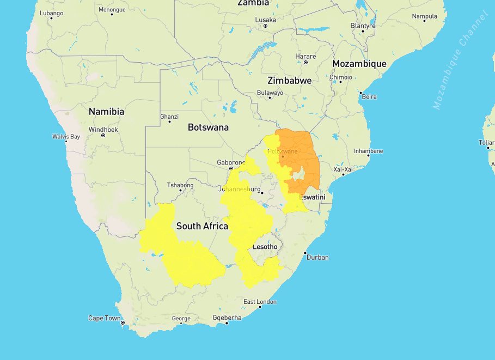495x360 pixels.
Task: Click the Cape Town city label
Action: (x=105, y=318)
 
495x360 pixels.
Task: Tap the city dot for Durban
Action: (x=307, y=253)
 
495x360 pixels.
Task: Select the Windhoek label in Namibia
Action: (x=103, y=130)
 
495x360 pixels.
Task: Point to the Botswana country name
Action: (x=208, y=127)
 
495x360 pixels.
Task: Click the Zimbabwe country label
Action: (x=289, y=81)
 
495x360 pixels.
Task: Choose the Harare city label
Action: (x=305, y=56)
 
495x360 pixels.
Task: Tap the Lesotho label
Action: (x=265, y=247)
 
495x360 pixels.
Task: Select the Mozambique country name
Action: (x=359, y=64)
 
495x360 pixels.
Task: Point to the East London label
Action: (x=260, y=302)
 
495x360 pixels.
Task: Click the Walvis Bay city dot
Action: (x=66, y=142)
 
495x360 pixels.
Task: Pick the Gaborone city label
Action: (x=231, y=162)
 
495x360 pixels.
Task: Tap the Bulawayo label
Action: (x=270, y=93)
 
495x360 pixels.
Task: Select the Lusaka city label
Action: (x=265, y=20)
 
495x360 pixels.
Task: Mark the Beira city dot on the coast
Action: (x=360, y=93)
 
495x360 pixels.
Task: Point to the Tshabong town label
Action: (x=180, y=185)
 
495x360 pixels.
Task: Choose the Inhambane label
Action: (x=368, y=151)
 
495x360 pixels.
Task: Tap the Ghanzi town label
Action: (x=169, y=117)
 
